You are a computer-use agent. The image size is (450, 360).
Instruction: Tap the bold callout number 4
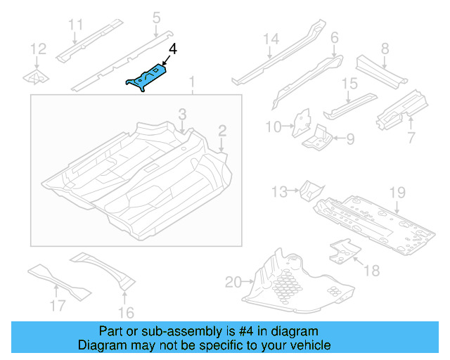173,50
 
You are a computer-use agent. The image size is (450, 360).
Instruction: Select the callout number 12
38,49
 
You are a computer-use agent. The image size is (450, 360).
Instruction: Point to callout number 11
76,26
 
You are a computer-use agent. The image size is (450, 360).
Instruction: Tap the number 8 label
385,49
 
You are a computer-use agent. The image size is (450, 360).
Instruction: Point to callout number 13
279,191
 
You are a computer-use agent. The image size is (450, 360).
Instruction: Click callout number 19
398,192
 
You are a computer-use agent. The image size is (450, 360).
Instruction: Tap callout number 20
233,283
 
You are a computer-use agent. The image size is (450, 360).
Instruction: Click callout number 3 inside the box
181,114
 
